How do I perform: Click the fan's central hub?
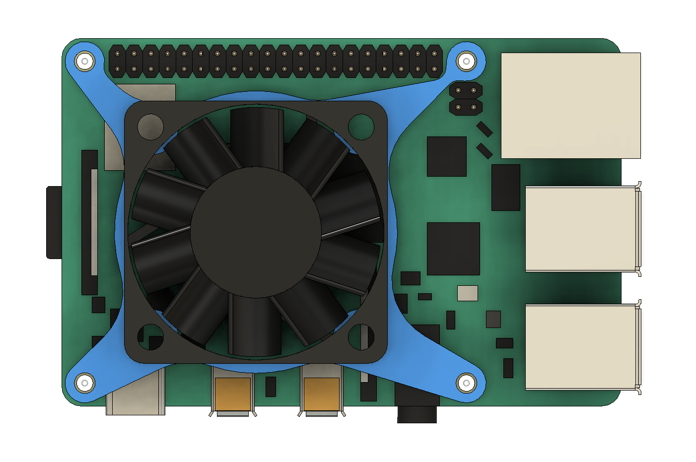tap(256, 232)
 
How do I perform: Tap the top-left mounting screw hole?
tap(85, 62)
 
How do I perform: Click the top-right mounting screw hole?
tap(466, 62)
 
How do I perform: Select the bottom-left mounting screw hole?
tap(85, 383)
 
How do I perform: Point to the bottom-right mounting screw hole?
tap(466, 383)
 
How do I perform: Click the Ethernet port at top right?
tap(570, 106)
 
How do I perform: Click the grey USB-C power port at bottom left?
tap(135, 399)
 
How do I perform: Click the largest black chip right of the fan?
tap(453, 249)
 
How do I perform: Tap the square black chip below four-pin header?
tap(446, 156)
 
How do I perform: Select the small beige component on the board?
tap(467, 293)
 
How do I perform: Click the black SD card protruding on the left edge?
tap(54, 222)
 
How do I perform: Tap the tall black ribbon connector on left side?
tap(89, 222)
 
